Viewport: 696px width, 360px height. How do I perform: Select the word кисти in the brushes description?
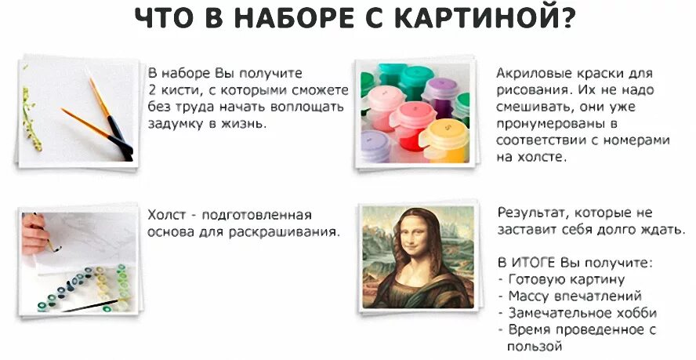(176, 89)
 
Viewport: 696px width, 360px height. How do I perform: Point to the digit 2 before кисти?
(151, 89)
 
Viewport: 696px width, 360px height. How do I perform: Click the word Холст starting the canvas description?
(165, 215)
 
